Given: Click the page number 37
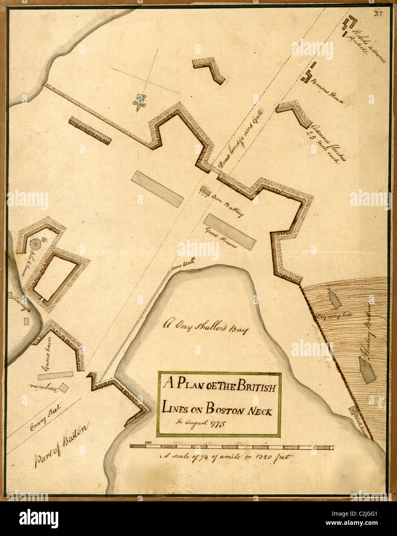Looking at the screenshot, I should (x=377, y=14).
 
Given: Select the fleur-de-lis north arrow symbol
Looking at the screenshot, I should (x=140, y=102).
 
